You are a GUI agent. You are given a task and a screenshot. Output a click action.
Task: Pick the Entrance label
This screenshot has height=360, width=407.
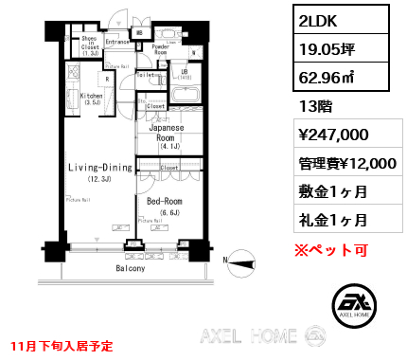coord(116,43)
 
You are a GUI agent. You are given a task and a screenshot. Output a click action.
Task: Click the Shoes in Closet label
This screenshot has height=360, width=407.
coord(91,45)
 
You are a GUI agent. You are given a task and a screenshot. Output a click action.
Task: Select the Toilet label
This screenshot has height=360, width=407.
coord(146,74)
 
